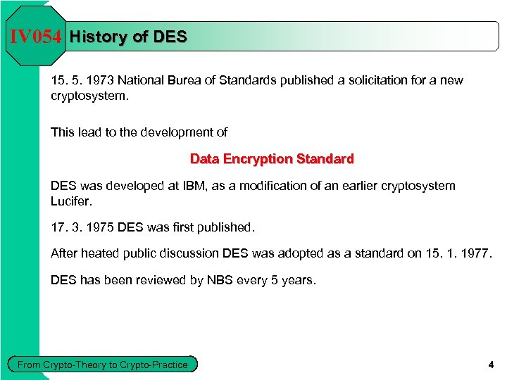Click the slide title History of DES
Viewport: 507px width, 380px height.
pos(129,37)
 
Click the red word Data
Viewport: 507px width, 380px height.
pos(205,159)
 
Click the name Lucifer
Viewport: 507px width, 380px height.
pos(71,201)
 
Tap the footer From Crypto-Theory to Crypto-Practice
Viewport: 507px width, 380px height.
pos(103,364)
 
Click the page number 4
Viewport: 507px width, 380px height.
pos(491,365)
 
